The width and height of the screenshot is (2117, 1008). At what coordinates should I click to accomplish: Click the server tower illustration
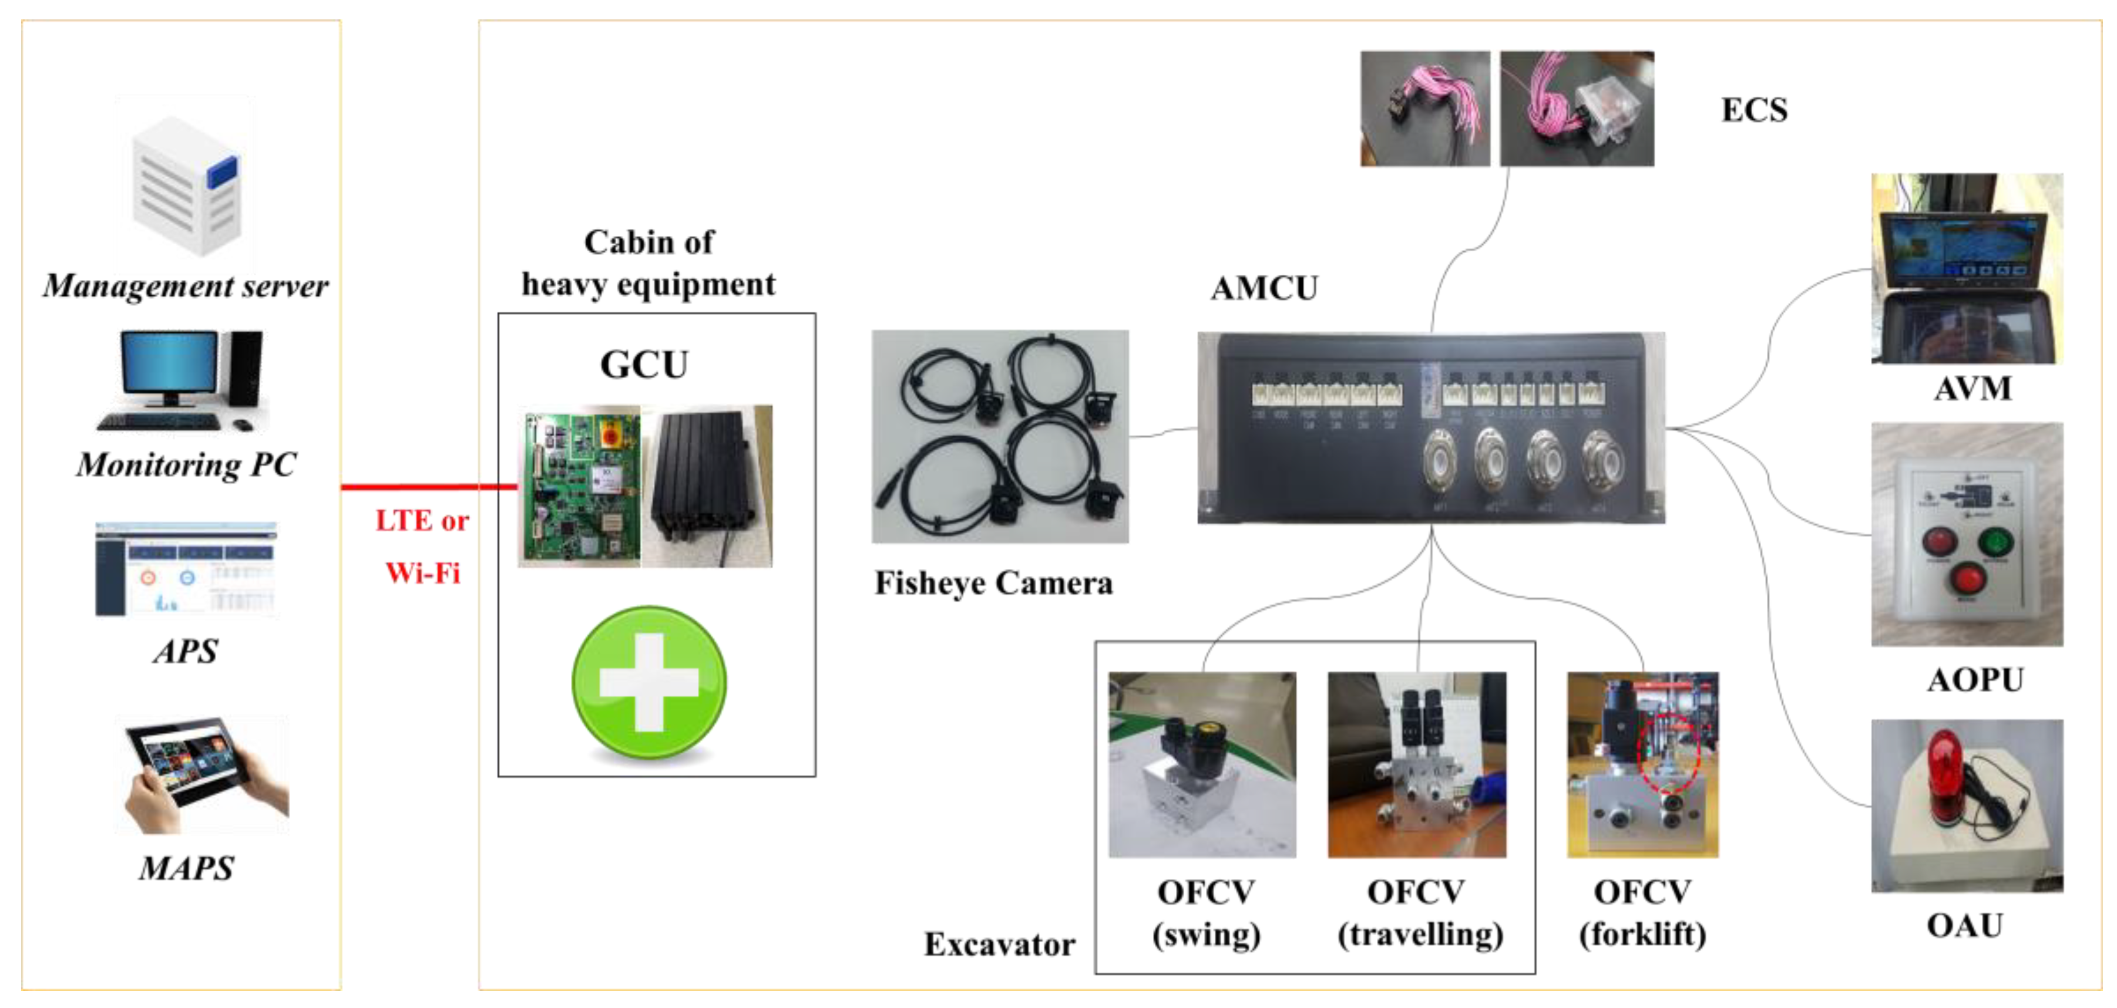pyautogui.click(x=187, y=185)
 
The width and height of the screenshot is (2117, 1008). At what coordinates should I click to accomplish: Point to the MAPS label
pyautogui.click(x=187, y=868)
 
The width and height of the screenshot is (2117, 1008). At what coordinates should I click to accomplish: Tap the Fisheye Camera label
pyautogui.click(x=993, y=584)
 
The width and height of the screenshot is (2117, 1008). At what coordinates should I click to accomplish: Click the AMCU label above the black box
pyautogui.click(x=1264, y=288)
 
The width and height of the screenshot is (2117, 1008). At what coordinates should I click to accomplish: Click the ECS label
pyautogui.click(x=1754, y=110)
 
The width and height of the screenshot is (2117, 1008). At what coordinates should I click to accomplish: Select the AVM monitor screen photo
pyautogui.click(x=1967, y=269)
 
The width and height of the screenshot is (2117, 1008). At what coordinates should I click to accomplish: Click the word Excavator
pyautogui.click(x=999, y=945)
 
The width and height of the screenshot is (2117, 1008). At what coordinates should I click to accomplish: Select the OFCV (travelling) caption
pyautogui.click(x=1419, y=913)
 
